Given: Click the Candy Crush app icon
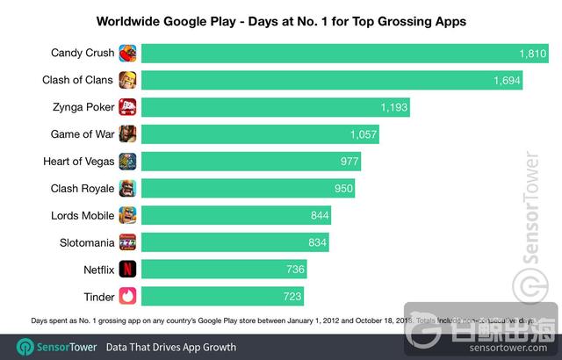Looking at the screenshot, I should (127, 54).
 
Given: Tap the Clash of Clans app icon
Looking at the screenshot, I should (127, 81).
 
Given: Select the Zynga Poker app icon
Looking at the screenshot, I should (127, 107).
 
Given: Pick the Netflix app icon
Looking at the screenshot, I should (127, 268).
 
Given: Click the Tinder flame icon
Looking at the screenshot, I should (127, 295).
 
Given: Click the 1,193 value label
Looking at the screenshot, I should (394, 108).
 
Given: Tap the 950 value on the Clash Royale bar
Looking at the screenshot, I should (343, 189).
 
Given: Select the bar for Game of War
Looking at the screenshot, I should (246, 134).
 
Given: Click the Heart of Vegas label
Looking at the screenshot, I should (78, 162).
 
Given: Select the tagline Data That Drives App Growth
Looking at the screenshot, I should (171, 347).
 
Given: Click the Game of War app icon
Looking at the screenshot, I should (127, 134).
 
